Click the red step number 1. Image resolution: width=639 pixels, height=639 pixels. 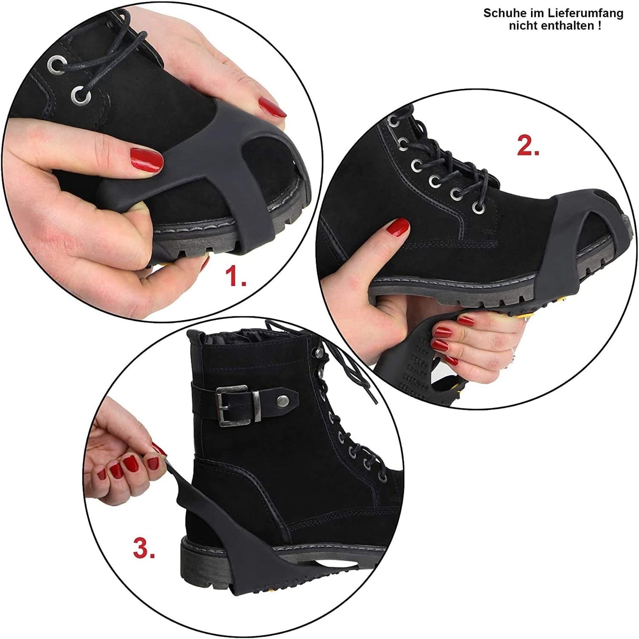click(x=235, y=277)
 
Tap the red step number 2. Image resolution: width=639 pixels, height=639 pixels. click(x=528, y=146)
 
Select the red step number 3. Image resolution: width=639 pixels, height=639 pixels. click(x=144, y=549)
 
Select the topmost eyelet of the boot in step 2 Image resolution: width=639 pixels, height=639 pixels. click(x=392, y=120)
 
